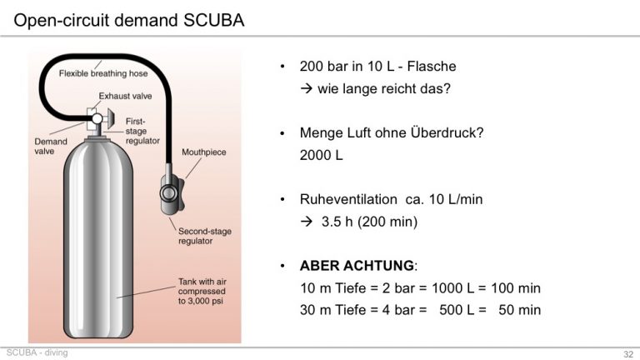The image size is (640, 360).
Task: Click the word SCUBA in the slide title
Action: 213,20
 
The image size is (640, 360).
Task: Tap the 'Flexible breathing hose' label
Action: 103,73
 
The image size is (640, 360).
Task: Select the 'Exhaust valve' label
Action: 125,96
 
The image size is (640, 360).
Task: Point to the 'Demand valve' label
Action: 51,146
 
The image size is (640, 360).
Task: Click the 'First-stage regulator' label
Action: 142,131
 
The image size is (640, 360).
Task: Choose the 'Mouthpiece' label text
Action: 203,152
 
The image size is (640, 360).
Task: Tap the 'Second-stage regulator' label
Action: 204,236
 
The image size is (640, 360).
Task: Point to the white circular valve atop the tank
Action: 97,119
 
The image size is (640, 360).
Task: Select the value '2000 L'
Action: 321,155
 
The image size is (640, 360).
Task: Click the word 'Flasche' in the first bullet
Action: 432,66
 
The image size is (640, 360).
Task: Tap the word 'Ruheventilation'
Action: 348,199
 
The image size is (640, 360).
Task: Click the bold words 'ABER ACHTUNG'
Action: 357,266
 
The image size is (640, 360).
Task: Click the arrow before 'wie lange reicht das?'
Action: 307,88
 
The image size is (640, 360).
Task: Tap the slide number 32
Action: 628,354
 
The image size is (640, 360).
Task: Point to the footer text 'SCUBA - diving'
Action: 37,352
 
